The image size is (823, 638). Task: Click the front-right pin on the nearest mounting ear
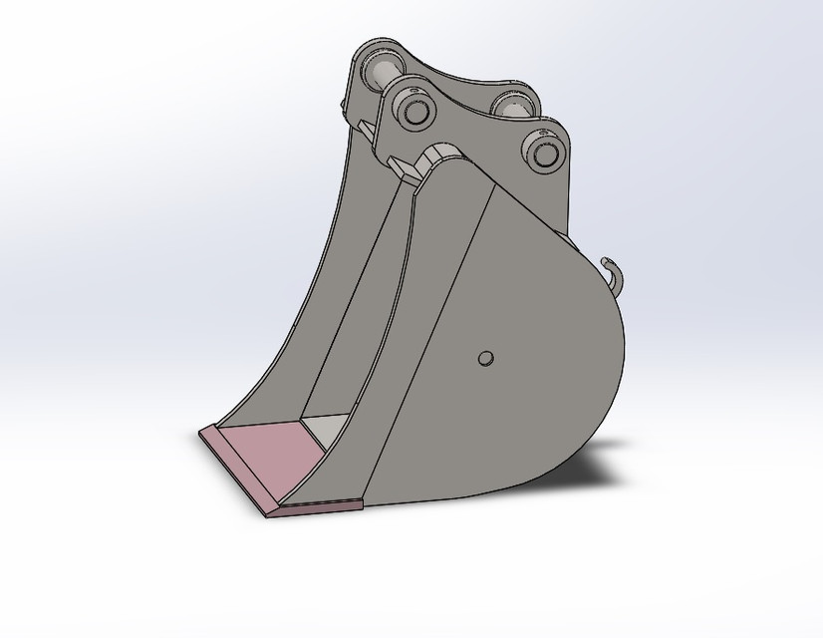pos(544,154)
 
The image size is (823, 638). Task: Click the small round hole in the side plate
pos(485,358)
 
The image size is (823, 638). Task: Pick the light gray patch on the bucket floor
pos(324,430)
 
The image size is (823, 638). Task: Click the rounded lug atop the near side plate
pos(442,155)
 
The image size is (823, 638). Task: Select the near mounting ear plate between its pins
pos(476,130)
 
